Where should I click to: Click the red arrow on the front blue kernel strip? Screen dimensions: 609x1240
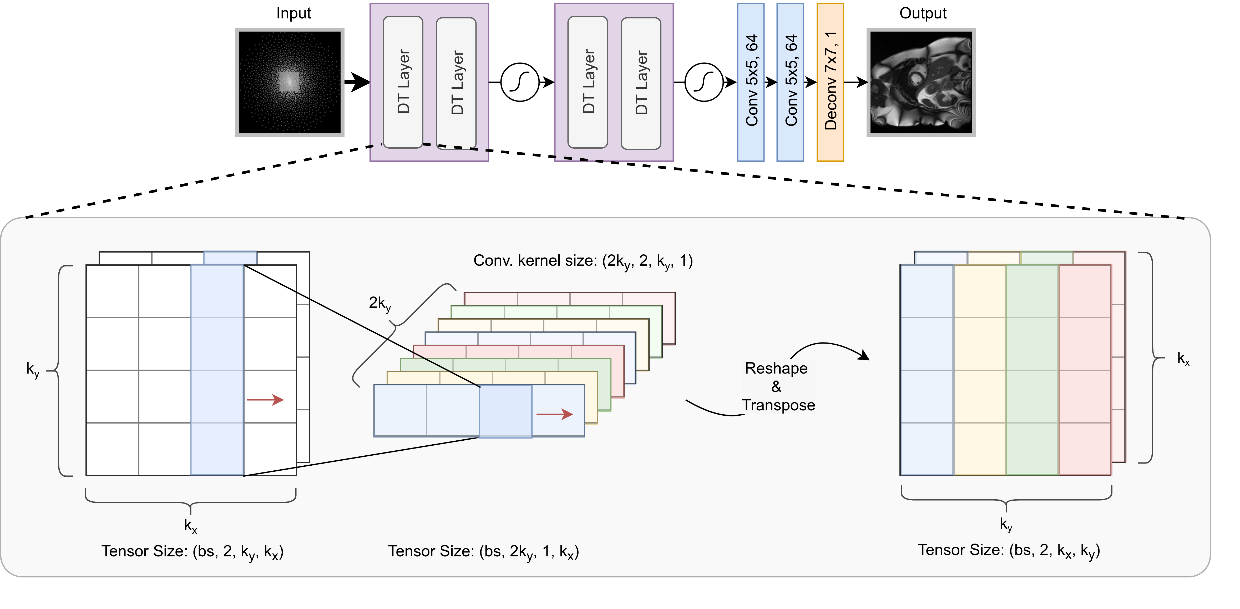[x=555, y=414]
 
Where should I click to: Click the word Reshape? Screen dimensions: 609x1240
[x=776, y=368]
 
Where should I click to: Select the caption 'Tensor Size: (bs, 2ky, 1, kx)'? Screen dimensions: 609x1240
[x=483, y=552]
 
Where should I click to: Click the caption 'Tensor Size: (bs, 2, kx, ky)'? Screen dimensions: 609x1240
[x=1009, y=550]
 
